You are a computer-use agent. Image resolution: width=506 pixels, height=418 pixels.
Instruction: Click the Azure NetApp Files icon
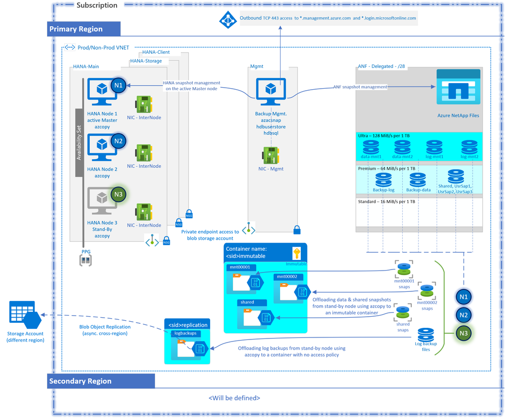pos(458,87)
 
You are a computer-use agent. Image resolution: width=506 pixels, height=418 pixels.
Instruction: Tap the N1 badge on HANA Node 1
pos(119,86)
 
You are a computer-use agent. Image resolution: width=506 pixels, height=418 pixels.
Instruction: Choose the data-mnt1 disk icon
pos(371,147)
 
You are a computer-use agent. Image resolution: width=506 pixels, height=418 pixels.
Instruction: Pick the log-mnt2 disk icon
pos(469,147)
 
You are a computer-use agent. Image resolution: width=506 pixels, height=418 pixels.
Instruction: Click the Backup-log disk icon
pos(383,180)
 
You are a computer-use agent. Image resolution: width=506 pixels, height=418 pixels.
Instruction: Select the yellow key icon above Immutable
pos(296,253)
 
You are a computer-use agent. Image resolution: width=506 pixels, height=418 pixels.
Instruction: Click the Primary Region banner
pos(84,29)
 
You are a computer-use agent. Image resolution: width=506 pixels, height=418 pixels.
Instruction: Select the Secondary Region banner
pos(101,381)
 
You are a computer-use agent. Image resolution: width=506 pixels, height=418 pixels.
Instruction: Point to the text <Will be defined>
pos(234,398)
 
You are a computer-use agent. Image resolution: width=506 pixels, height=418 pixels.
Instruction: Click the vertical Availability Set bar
pos(79,142)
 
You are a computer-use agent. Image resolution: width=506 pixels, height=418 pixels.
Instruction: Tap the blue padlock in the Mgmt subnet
pos(297,230)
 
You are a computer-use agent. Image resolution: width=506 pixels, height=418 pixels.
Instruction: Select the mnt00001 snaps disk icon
pos(404,269)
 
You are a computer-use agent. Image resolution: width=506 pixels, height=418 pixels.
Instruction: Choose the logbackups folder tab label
pos(185,333)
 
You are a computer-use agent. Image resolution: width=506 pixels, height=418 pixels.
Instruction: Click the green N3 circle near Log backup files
pos(463,333)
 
